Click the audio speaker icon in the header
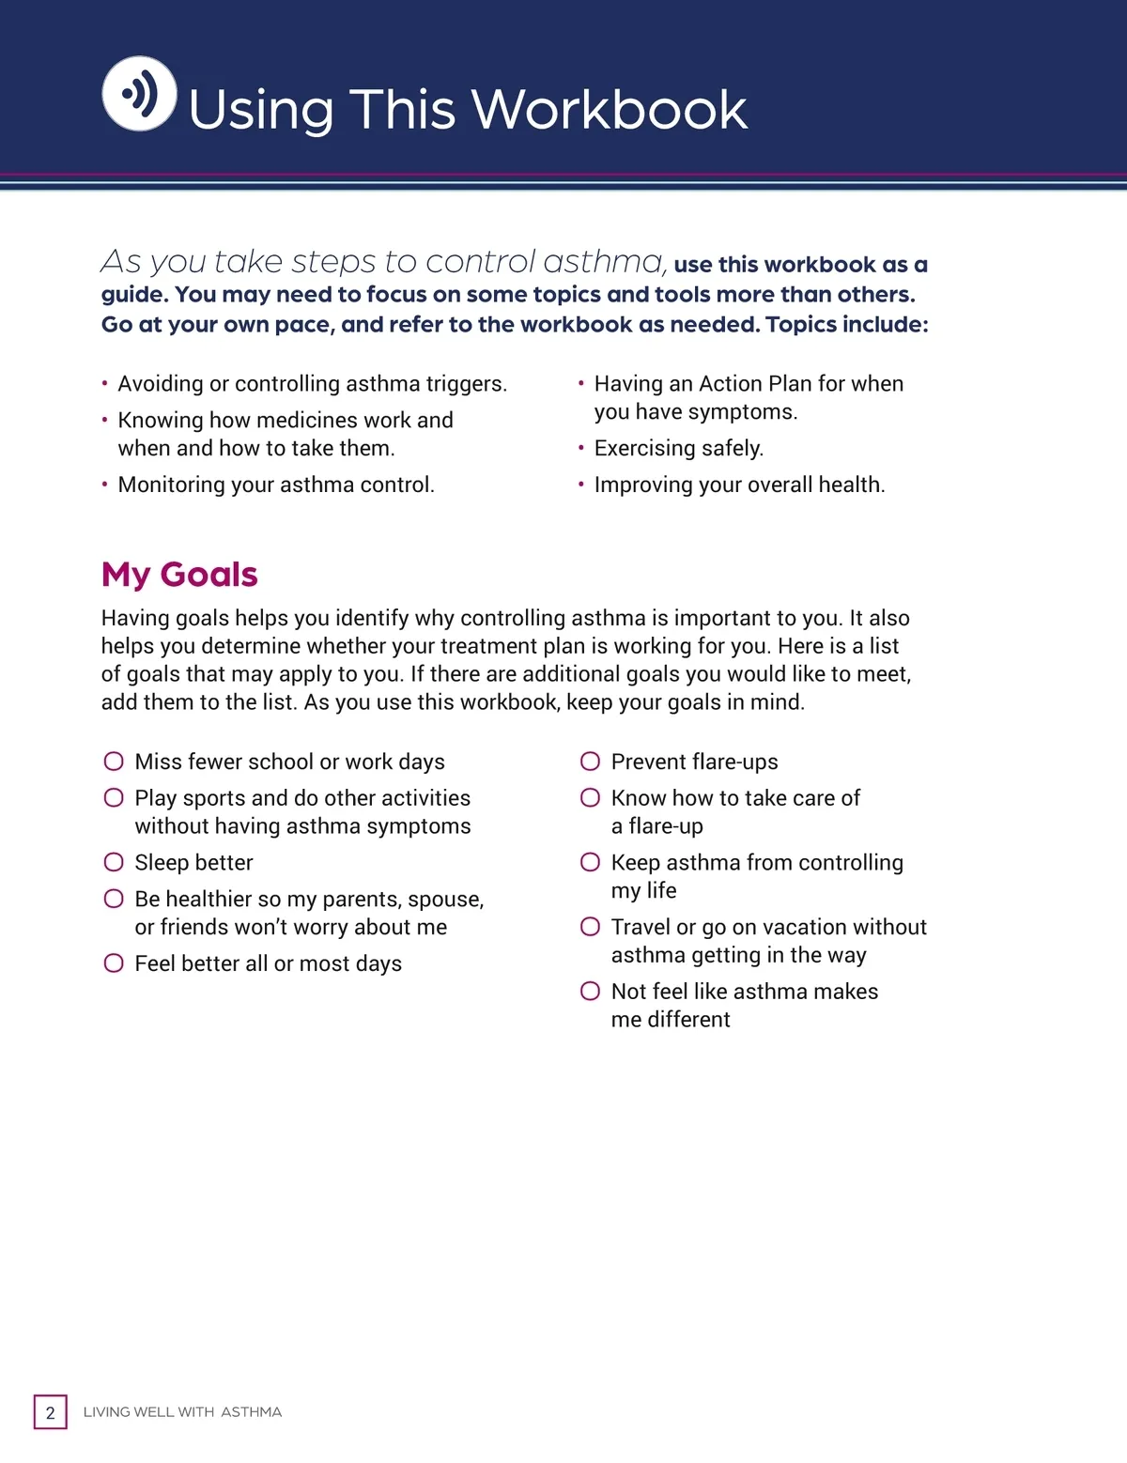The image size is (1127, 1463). click(139, 94)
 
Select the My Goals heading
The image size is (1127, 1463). click(179, 574)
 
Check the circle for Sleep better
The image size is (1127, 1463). click(114, 862)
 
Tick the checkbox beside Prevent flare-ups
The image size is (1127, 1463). click(590, 761)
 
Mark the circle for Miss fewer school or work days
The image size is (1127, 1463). click(114, 761)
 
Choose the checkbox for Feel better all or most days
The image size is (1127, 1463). click(114, 962)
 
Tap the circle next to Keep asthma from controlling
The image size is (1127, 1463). click(590, 862)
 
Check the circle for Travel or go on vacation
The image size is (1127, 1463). click(590, 927)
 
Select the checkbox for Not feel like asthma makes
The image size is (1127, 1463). click(590, 991)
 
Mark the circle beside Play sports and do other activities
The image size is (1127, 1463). click(114, 797)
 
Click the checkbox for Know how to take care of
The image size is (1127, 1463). click(590, 797)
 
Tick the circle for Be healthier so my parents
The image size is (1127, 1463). click(114, 899)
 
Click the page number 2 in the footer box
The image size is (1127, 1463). click(51, 1412)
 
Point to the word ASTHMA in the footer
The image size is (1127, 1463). click(251, 1412)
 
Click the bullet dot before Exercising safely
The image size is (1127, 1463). click(581, 448)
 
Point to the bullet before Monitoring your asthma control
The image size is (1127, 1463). click(105, 485)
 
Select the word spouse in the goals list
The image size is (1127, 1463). click(445, 900)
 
